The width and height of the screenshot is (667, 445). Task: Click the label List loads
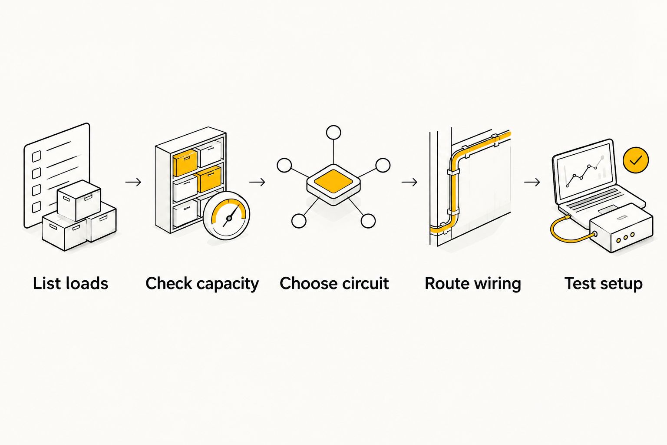tap(71, 283)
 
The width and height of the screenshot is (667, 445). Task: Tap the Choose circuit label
tap(334, 283)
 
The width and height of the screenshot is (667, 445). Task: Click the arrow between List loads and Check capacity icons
tap(133, 182)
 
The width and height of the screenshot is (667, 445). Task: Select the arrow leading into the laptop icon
tap(532, 182)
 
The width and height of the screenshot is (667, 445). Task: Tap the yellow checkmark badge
tap(635, 160)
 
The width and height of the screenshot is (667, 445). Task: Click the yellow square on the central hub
tap(333, 181)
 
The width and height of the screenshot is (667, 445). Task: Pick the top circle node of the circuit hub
tap(333, 133)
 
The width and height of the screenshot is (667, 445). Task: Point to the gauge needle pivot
tap(229, 219)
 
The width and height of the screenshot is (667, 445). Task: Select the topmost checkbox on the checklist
tap(36, 156)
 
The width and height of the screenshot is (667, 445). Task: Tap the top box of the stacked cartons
tap(79, 200)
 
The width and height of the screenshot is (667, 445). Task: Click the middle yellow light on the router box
tap(625, 237)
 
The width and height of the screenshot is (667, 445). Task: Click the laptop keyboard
tap(594, 199)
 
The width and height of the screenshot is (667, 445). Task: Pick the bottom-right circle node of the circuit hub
tap(368, 221)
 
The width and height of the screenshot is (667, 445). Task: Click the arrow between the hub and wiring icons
tap(409, 182)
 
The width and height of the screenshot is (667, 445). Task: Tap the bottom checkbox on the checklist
tap(36, 207)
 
